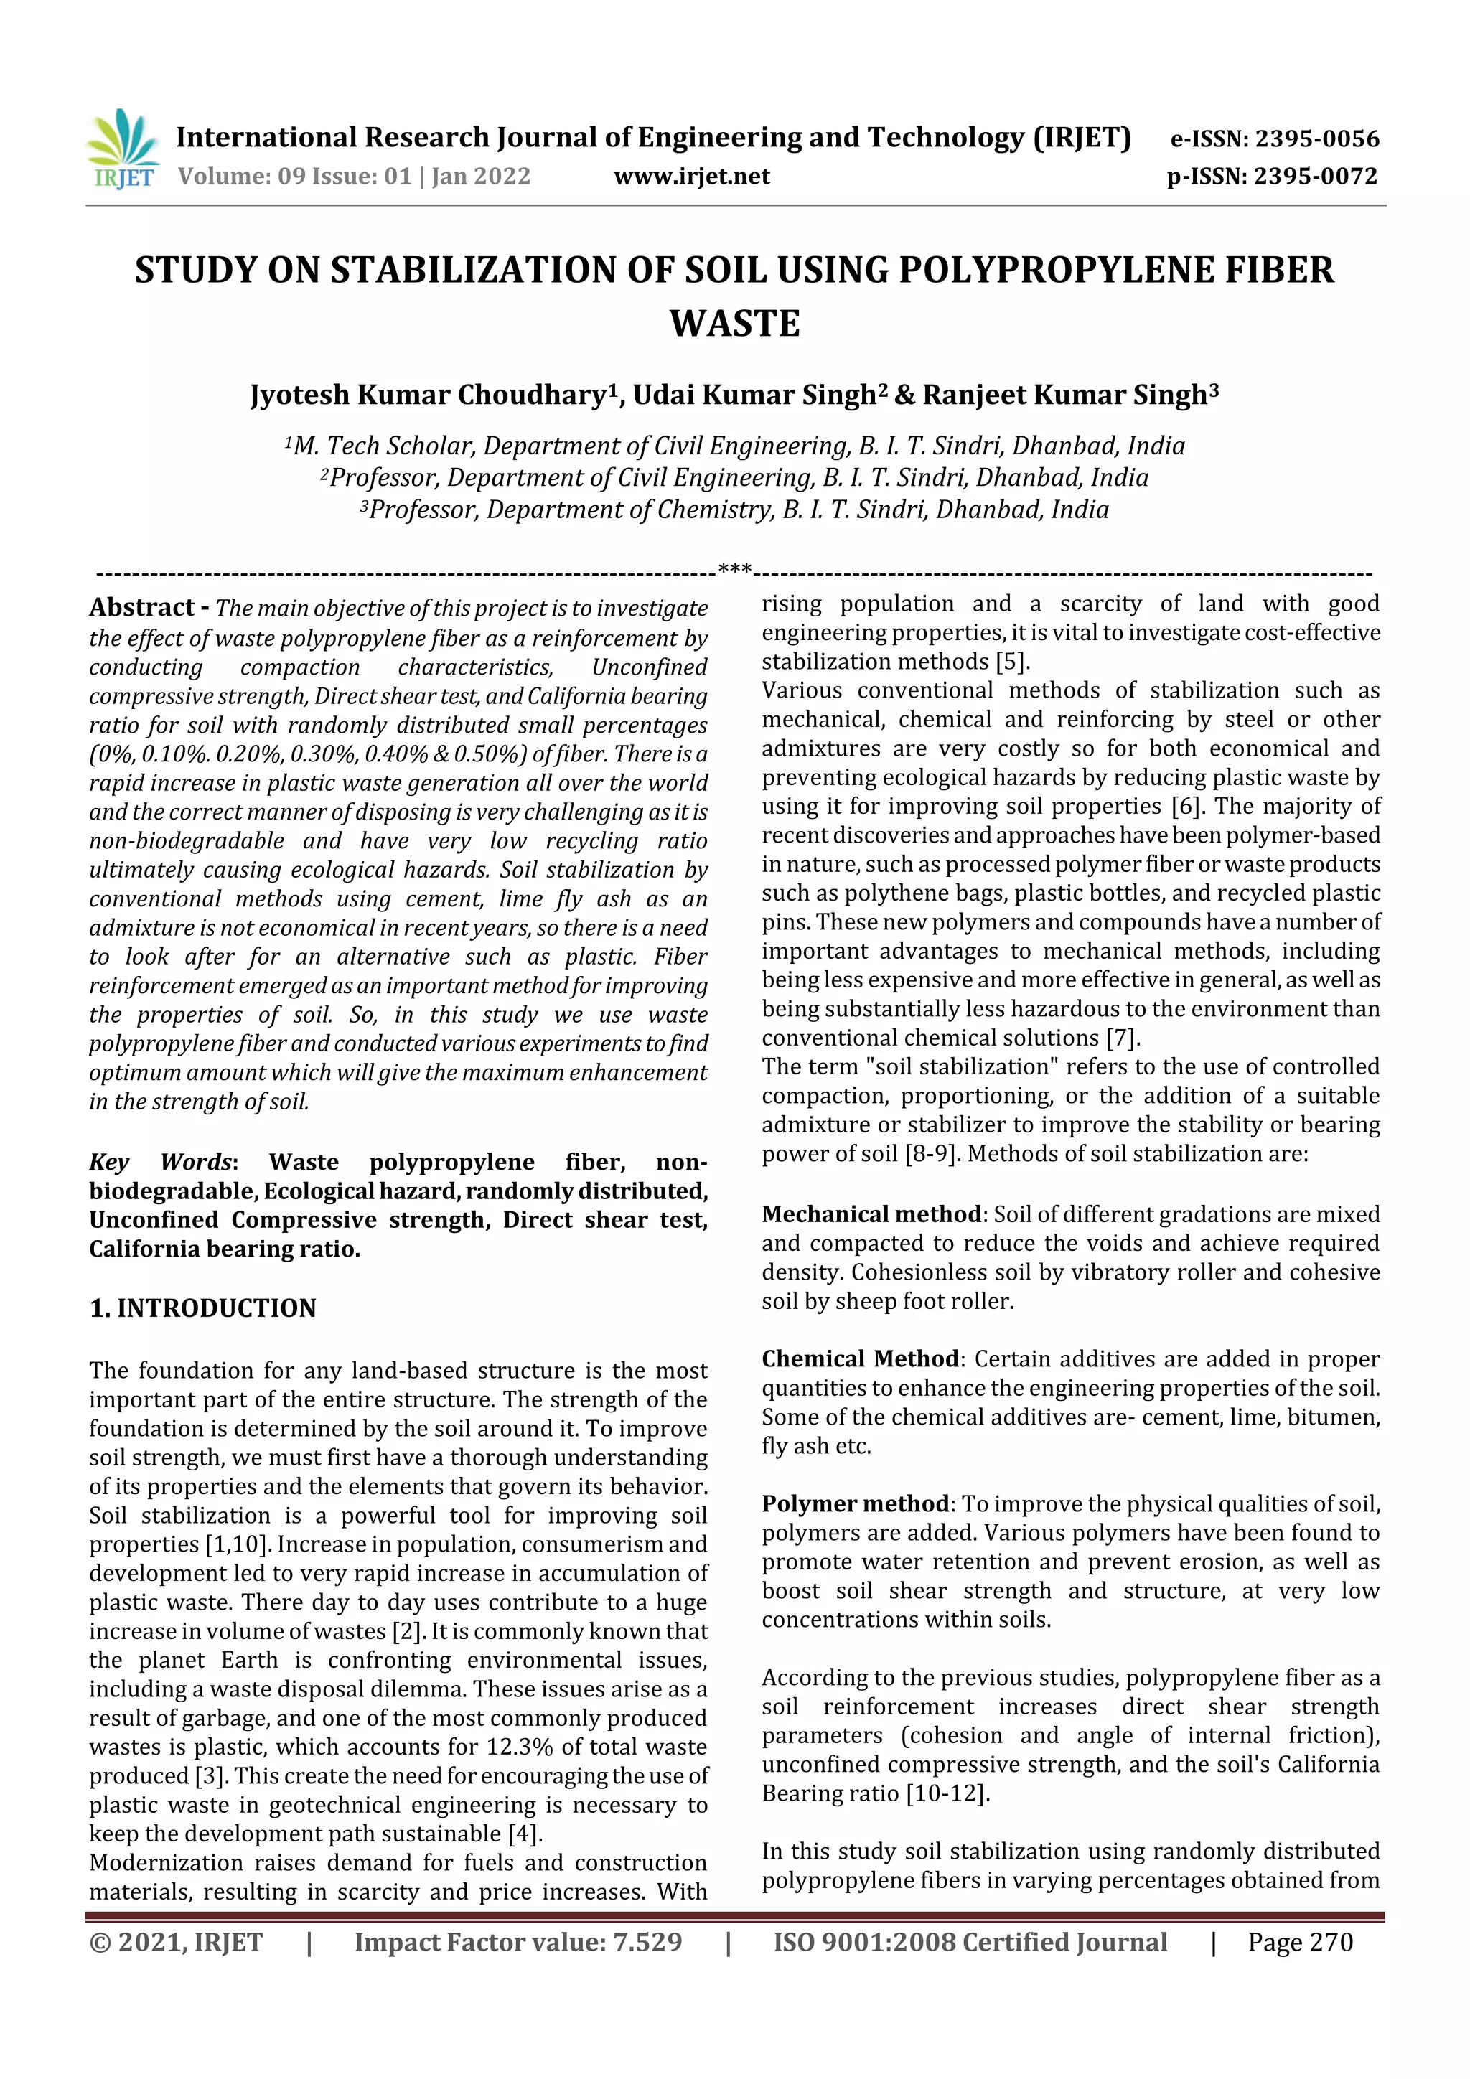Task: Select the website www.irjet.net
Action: tap(692, 177)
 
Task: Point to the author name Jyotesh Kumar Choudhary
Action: tap(429, 395)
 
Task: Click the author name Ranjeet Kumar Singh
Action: tap(1065, 395)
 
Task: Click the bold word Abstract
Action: tap(142, 608)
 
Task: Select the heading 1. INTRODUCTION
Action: tap(203, 1308)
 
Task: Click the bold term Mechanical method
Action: tap(871, 1214)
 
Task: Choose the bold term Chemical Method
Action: tap(861, 1359)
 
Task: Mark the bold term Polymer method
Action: tap(855, 1504)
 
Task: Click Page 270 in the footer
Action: tap(1300, 1942)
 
